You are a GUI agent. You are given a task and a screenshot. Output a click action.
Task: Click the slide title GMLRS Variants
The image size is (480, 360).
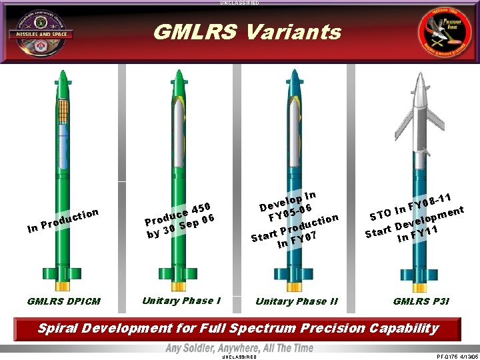247,32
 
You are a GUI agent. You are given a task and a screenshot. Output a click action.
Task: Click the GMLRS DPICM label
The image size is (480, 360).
64,301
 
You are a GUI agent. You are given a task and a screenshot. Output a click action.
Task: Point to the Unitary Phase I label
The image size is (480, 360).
182,301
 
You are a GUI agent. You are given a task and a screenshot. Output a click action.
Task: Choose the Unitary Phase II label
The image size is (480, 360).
296,301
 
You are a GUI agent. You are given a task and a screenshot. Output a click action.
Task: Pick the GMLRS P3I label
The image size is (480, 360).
421,301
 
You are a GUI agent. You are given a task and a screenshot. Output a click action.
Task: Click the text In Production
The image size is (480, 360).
64,221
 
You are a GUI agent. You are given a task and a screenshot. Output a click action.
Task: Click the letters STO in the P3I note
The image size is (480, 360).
381,215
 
